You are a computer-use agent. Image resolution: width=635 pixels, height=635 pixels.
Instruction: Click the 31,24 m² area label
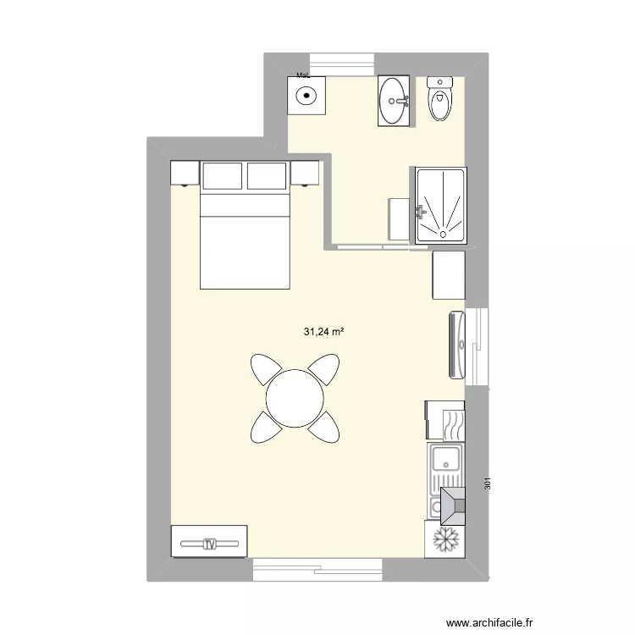[x=324, y=333]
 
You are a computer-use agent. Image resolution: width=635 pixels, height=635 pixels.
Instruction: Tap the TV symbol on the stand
[x=209, y=543]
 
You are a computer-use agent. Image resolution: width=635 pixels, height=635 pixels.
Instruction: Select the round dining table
[x=295, y=398]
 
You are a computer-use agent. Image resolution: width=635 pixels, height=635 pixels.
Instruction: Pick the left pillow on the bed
[x=222, y=176]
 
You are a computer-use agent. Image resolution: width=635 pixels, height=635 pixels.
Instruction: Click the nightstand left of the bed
[x=184, y=173]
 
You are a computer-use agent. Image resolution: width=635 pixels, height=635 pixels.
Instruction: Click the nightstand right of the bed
[x=305, y=173]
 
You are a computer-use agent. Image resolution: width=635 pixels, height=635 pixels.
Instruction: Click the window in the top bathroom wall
[x=342, y=64]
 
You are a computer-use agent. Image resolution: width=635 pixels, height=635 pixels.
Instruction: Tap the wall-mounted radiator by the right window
[x=456, y=343]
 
